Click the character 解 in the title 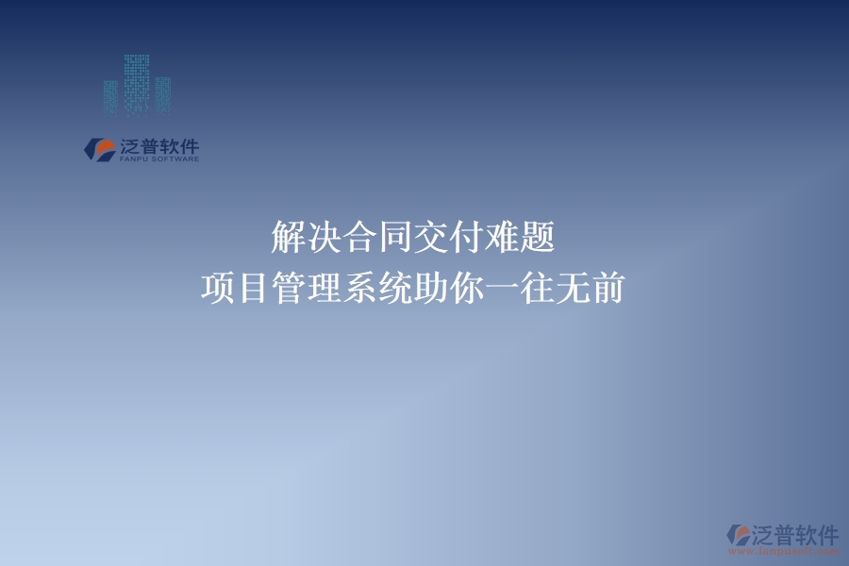(288, 238)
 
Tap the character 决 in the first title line (327, 238)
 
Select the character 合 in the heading (367, 238)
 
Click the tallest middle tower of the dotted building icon (137, 85)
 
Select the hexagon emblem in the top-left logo (98, 149)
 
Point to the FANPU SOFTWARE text (158, 159)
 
